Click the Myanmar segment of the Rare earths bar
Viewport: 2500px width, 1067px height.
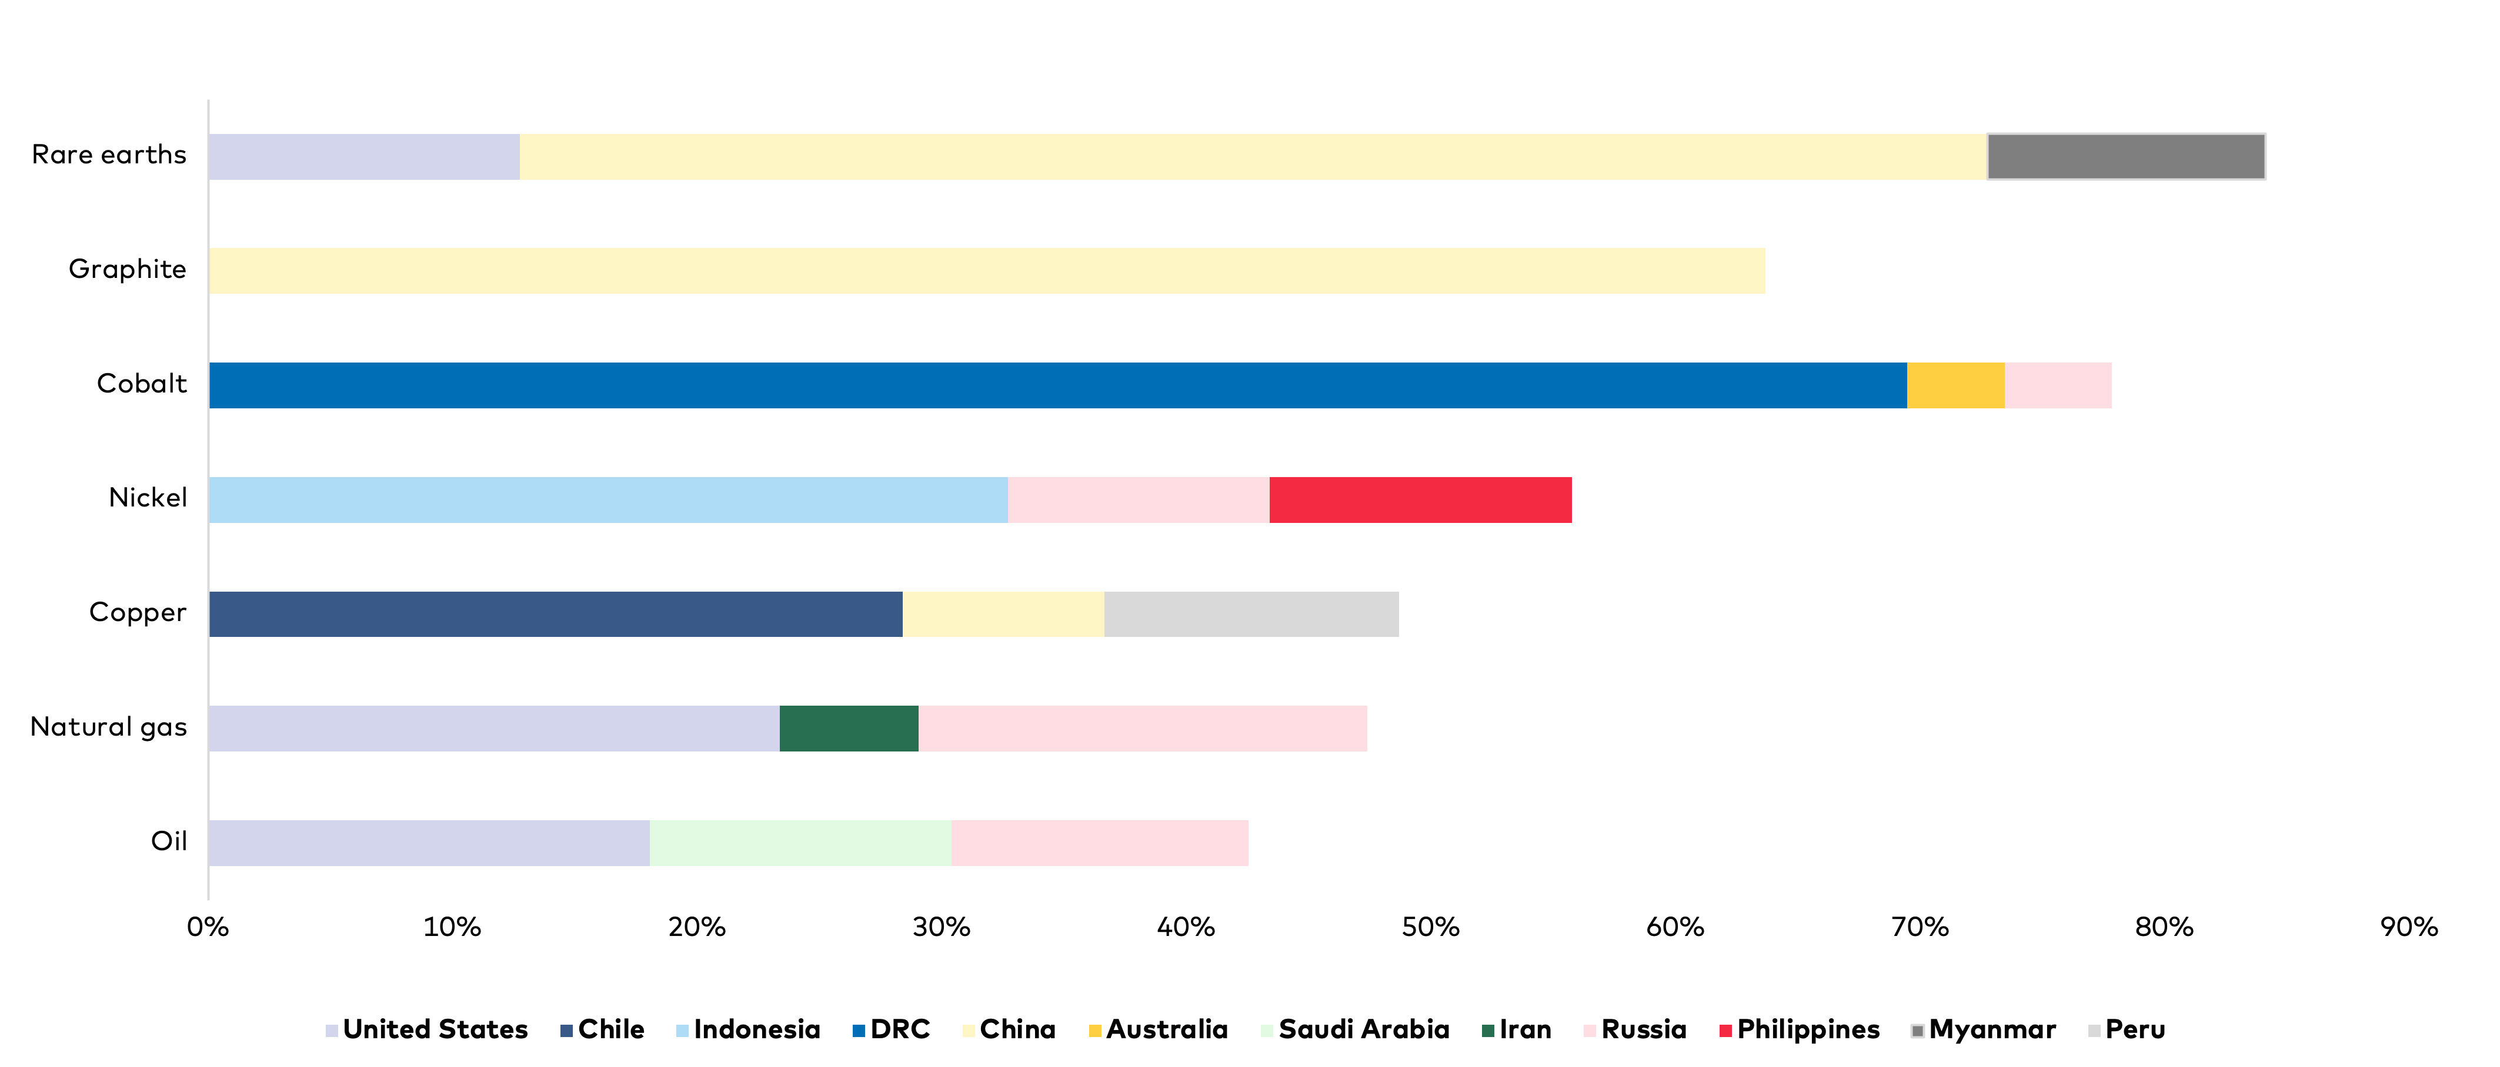(2127, 156)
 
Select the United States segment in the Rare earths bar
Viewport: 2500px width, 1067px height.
(364, 156)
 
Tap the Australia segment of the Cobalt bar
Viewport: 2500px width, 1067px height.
(1955, 385)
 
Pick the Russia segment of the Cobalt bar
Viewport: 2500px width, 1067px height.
(2058, 385)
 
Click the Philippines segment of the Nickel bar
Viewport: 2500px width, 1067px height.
(1421, 499)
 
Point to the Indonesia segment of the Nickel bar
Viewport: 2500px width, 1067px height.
(609, 499)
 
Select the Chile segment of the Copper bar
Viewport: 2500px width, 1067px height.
(555, 614)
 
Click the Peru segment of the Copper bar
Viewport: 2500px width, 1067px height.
(1252, 614)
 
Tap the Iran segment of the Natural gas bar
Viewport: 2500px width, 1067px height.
(849, 729)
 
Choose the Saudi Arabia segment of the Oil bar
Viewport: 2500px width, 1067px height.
(800, 843)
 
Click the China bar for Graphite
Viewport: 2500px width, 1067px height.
(987, 271)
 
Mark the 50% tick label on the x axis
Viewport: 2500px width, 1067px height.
(1430, 927)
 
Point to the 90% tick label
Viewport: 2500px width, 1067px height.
(2409, 927)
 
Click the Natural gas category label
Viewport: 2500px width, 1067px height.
(109, 727)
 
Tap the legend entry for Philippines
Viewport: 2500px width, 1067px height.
(1800, 1029)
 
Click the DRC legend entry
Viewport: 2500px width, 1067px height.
(891, 1029)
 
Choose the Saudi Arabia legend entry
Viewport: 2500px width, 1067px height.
(1355, 1029)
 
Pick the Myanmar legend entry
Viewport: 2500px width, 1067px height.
(1984, 1029)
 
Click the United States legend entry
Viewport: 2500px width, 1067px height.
(427, 1029)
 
